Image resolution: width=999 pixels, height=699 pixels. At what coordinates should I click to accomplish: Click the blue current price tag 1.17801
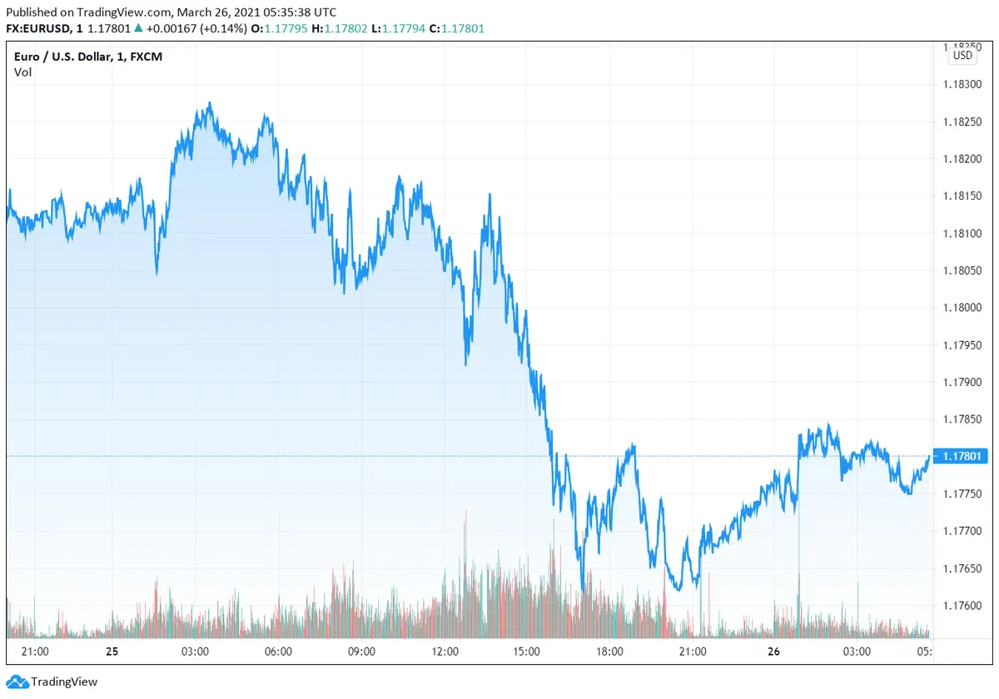964,456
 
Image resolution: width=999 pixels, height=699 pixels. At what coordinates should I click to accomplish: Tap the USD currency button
962,56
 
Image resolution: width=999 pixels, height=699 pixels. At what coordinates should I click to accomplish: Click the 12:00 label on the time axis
445,652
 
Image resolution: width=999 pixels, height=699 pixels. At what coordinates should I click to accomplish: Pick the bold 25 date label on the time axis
112,652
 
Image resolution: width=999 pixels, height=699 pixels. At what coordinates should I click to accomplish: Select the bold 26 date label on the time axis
773,652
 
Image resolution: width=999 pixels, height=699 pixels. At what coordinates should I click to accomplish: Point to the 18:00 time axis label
610,652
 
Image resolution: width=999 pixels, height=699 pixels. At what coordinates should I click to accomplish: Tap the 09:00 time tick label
361,652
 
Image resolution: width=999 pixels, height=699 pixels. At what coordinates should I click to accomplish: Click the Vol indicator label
22,72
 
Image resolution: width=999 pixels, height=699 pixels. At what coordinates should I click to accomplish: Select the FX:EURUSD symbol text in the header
41,28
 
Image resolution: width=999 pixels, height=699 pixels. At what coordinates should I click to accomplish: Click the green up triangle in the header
138,28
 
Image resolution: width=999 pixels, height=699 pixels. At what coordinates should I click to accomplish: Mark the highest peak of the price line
210,104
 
